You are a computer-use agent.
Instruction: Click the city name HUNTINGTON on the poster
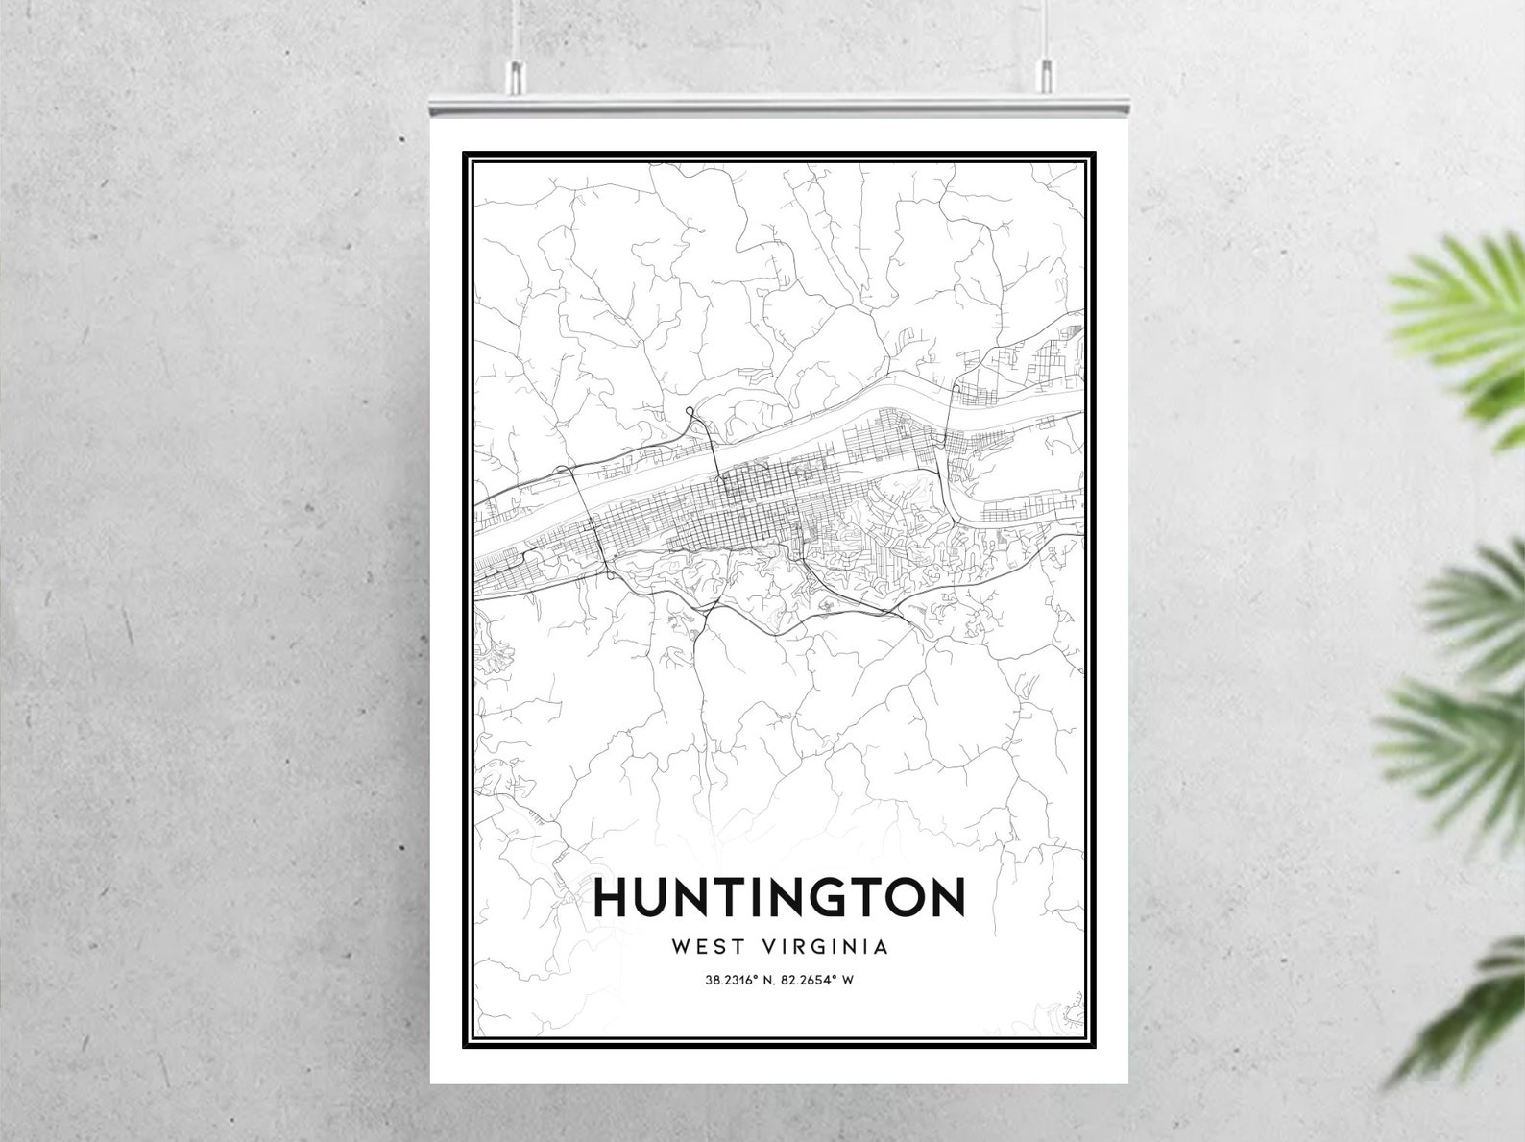point(779,897)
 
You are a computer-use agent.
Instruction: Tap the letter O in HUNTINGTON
point(898,897)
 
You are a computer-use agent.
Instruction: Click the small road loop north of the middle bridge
point(690,416)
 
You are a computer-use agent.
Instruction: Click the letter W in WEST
point(682,946)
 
